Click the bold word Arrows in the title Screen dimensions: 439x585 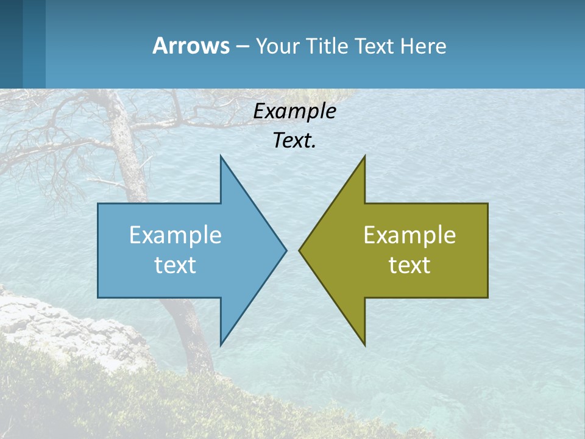click(191, 46)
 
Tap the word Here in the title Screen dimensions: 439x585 click(424, 46)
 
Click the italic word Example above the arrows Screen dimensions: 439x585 click(294, 111)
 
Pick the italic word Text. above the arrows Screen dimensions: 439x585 click(294, 140)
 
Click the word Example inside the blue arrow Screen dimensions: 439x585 click(175, 235)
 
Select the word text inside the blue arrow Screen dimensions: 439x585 click(175, 265)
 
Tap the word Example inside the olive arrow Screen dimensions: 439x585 click(409, 235)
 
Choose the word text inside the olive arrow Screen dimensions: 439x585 click(409, 265)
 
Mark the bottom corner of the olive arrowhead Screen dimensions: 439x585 click(364, 344)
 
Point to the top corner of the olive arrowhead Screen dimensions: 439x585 click(364, 157)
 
